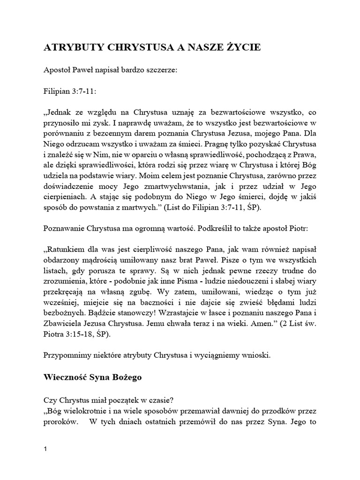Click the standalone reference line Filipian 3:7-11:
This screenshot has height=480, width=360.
point(71,91)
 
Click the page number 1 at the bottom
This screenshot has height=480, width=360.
point(45,450)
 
